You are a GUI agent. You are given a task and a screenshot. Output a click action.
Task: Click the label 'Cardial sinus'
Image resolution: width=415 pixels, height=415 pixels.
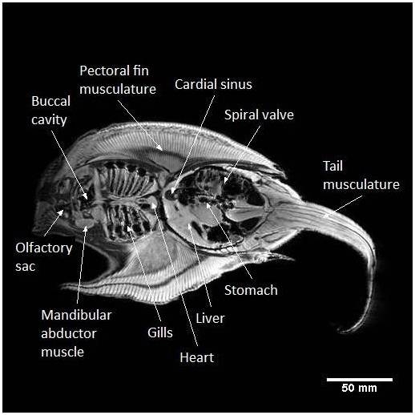(213, 84)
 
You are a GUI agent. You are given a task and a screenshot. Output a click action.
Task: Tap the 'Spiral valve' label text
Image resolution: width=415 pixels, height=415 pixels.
(259, 115)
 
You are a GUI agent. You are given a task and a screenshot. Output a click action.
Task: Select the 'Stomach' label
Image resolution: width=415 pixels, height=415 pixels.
(251, 290)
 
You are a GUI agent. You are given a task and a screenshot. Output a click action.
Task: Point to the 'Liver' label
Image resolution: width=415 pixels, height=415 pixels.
(210, 318)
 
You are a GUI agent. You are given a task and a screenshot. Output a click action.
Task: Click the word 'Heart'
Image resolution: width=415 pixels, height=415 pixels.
(197, 357)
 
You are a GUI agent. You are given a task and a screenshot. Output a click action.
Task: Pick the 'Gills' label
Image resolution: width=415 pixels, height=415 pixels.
(160, 332)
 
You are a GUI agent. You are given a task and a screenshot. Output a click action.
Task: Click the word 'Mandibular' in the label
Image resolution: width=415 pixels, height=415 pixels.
(76, 316)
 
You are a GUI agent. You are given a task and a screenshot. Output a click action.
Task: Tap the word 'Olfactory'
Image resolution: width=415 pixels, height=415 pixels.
(44, 248)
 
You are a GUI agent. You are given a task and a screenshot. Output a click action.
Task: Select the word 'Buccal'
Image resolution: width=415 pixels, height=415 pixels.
(50, 101)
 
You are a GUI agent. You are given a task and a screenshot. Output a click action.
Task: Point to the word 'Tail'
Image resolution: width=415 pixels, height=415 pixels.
(332, 166)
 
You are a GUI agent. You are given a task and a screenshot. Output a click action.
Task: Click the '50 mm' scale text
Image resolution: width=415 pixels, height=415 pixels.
(359, 388)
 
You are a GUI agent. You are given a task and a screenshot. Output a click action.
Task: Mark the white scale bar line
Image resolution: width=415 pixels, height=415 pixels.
(360, 380)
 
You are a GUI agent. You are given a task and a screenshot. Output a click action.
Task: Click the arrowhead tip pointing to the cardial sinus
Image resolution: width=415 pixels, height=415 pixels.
(171, 193)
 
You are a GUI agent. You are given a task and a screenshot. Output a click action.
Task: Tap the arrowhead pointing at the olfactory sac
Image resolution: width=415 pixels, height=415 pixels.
(63, 211)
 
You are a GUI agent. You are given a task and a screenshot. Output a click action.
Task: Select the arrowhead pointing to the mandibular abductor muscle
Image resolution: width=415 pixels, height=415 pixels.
(86, 226)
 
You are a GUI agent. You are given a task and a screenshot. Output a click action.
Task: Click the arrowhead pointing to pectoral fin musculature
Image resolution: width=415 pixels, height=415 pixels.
(162, 150)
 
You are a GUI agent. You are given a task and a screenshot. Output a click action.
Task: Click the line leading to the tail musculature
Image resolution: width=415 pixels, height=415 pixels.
(343, 206)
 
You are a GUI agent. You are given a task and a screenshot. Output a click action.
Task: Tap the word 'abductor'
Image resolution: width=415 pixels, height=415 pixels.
(69, 334)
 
